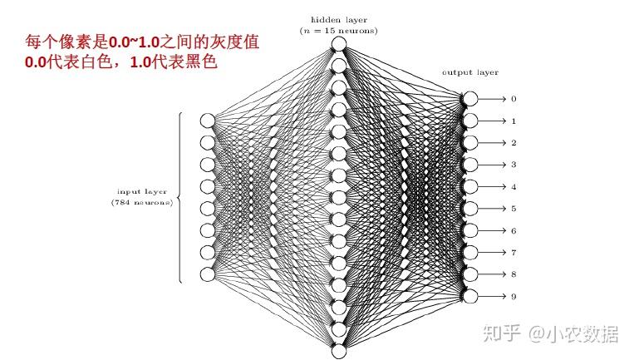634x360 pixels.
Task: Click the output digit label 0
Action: click(x=514, y=99)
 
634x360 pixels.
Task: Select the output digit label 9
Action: click(x=514, y=296)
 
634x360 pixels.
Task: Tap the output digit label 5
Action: click(x=514, y=209)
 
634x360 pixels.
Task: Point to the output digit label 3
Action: click(x=514, y=165)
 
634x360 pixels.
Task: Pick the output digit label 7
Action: click(x=514, y=252)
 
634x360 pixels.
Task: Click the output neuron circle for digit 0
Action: click(x=471, y=99)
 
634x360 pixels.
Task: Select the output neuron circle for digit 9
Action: click(x=471, y=296)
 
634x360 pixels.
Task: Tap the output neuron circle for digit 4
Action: click(x=471, y=186)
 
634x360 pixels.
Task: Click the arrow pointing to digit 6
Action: click(x=492, y=230)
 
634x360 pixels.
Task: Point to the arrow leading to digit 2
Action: click(x=492, y=143)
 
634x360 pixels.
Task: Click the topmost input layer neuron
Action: click(x=208, y=121)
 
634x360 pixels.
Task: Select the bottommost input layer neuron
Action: click(x=208, y=274)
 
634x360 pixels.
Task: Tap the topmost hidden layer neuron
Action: click(x=338, y=44)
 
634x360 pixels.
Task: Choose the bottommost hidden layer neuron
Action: click(x=338, y=351)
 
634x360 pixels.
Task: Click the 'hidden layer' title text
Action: click(x=338, y=19)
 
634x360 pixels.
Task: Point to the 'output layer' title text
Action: click(x=469, y=72)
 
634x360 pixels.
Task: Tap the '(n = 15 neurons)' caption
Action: click(x=338, y=31)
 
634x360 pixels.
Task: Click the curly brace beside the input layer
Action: click(x=179, y=197)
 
